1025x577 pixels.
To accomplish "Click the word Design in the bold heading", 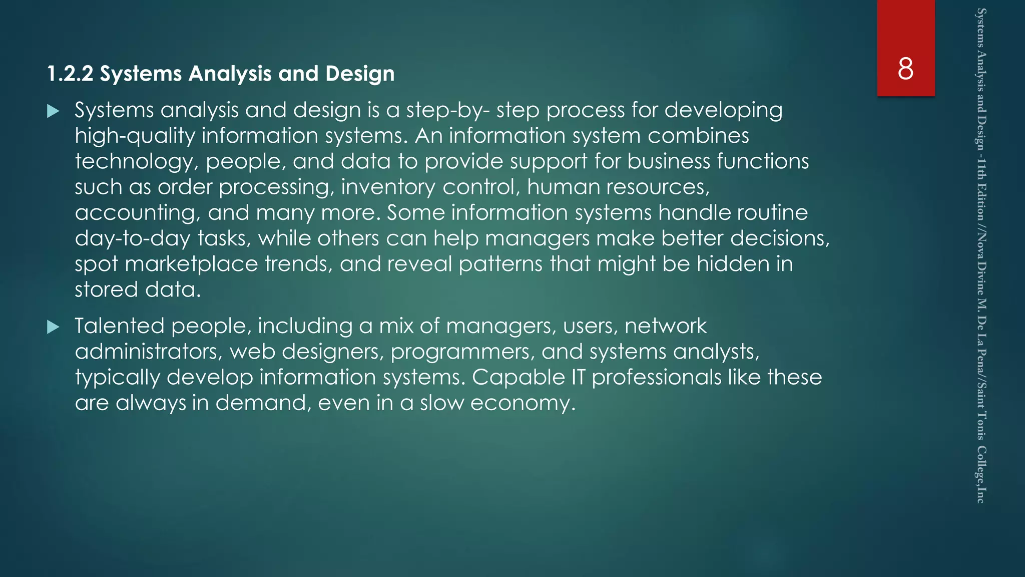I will (x=360, y=74).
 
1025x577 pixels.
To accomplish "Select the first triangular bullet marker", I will (x=53, y=111).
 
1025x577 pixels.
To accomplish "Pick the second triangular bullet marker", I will (x=53, y=327).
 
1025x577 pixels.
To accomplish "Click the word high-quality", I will (x=135, y=136).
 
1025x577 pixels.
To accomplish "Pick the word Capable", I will (x=518, y=378).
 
